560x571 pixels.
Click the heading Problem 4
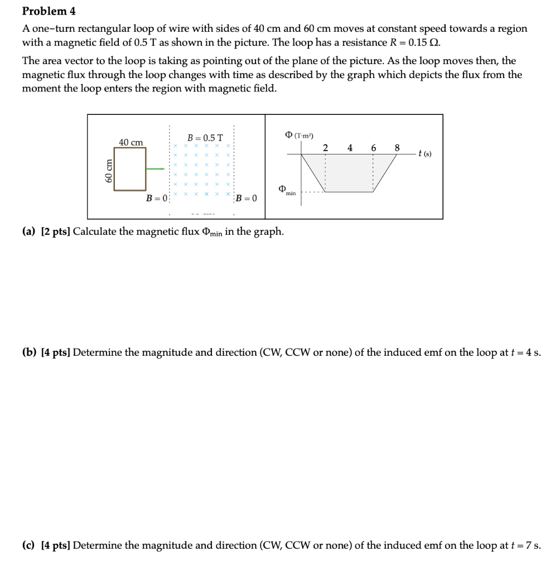click(x=49, y=11)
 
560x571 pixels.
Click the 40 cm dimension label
click(x=131, y=142)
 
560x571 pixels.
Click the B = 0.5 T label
click(x=205, y=138)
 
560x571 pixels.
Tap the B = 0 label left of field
click(x=157, y=198)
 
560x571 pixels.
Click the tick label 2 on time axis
click(x=325, y=148)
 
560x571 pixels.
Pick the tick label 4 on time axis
click(x=349, y=148)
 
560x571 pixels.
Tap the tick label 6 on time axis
click(x=373, y=148)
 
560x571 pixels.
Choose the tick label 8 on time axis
click(x=397, y=148)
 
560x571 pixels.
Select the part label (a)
click(x=29, y=231)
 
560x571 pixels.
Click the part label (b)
click(x=29, y=352)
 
